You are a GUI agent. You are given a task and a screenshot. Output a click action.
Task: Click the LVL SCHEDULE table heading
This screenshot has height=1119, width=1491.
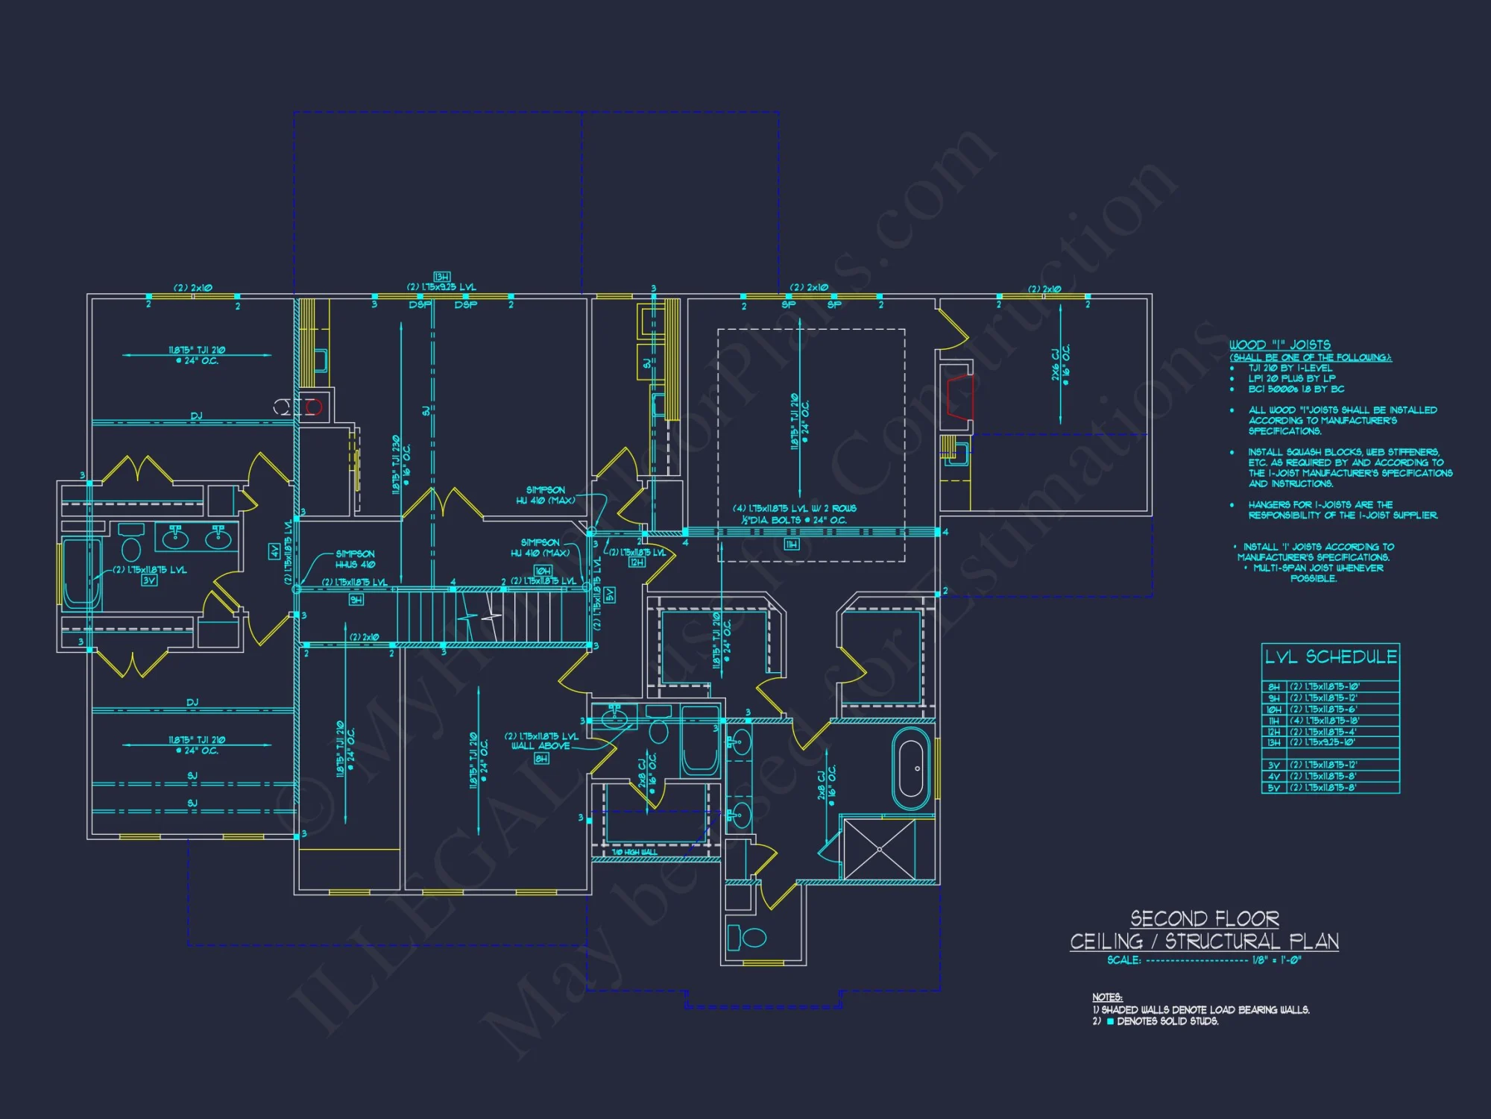pyautogui.click(x=1331, y=657)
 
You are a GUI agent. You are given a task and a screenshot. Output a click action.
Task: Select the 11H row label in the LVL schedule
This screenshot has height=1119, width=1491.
pyautogui.click(x=1273, y=721)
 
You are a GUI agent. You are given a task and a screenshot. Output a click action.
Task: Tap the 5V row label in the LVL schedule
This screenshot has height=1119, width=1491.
pyautogui.click(x=1273, y=788)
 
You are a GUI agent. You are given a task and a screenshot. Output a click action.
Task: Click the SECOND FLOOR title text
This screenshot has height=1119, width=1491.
pyautogui.click(x=1204, y=918)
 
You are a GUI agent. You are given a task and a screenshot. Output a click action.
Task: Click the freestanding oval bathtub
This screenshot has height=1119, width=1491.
pyautogui.click(x=912, y=769)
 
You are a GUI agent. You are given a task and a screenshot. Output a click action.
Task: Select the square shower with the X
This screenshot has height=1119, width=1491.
pyautogui.click(x=880, y=849)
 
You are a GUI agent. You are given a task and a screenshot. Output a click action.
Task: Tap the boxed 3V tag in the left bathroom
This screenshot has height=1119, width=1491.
pyautogui.click(x=149, y=580)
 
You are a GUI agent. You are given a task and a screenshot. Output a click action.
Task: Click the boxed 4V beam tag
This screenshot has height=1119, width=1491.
pyautogui.click(x=274, y=551)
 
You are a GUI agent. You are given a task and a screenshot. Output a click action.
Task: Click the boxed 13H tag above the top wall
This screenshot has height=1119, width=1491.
pyautogui.click(x=441, y=277)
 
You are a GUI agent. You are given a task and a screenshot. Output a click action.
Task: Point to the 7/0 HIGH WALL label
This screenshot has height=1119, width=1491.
pyautogui.click(x=634, y=852)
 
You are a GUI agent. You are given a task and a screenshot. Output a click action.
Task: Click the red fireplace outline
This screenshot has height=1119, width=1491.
pyautogui.click(x=959, y=395)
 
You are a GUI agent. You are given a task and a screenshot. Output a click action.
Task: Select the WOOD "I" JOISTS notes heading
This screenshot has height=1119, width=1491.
pyautogui.click(x=1279, y=345)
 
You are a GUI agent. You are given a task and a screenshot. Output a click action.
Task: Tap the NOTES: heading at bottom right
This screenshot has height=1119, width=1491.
pyautogui.click(x=1107, y=997)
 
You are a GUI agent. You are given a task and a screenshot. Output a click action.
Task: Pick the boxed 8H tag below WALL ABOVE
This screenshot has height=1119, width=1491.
pyautogui.click(x=541, y=759)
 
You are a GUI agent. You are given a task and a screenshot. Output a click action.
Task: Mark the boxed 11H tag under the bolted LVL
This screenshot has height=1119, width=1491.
pyautogui.click(x=791, y=545)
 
